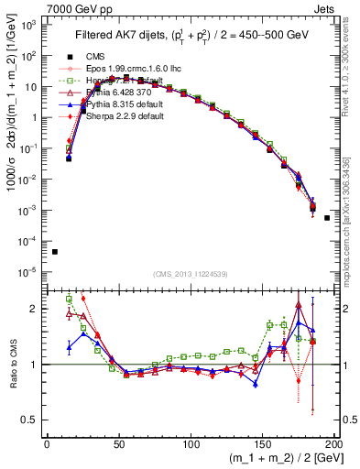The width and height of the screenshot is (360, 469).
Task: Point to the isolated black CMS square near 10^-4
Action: pyautogui.click(x=54, y=252)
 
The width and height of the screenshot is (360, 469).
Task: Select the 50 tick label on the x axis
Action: pyautogui.click(x=118, y=443)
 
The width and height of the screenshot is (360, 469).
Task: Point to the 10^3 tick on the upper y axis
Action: pyautogui.click(x=29, y=26)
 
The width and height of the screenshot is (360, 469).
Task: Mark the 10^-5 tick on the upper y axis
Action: pyautogui.click(x=29, y=271)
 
